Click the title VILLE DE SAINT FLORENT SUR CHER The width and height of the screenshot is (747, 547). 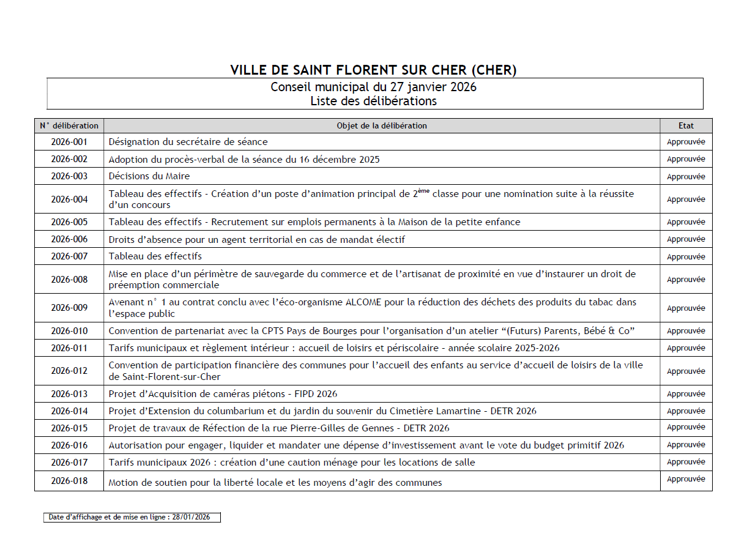click(373, 70)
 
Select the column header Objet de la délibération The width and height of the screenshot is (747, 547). click(382, 126)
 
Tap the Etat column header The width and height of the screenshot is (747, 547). click(686, 126)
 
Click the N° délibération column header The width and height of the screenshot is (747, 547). click(69, 126)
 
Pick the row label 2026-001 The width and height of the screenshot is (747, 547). click(69, 142)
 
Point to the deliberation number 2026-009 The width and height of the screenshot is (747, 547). click(69, 308)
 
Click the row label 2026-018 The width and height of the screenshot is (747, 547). click(69, 481)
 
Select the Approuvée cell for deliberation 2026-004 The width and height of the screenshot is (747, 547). click(686, 199)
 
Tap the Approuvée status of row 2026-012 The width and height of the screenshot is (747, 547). click(686, 371)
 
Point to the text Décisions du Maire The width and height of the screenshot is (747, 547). click(149, 176)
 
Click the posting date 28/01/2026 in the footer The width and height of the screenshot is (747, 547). click(191, 518)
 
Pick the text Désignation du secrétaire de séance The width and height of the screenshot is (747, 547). click(188, 142)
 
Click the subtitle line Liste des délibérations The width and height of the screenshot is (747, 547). click(373, 101)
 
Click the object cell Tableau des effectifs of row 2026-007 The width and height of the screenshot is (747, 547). click(155, 256)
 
